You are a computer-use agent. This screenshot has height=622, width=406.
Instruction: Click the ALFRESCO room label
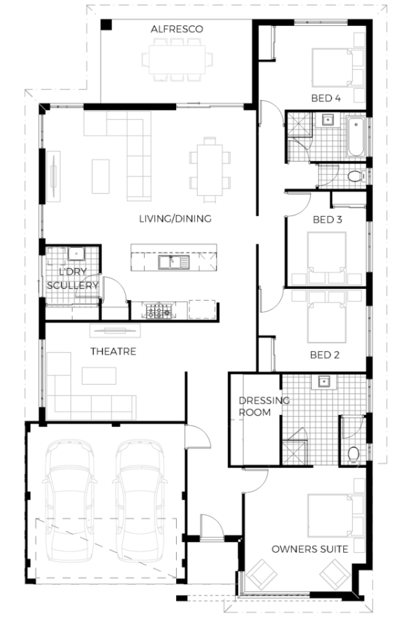pyautogui.click(x=177, y=29)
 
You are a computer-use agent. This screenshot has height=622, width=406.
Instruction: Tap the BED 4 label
pyautogui.click(x=326, y=98)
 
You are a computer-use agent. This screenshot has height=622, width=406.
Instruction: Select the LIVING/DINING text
pyautogui.click(x=175, y=218)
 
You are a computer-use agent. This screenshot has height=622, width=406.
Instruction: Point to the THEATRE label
pyautogui.click(x=113, y=351)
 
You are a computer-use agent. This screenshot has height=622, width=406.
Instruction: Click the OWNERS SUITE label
pyautogui.click(x=310, y=549)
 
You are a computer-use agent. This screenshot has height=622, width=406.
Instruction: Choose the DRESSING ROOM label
pyautogui.click(x=264, y=407)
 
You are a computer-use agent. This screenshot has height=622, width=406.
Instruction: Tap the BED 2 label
pyautogui.click(x=325, y=355)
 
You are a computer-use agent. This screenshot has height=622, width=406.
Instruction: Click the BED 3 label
pyautogui.click(x=327, y=220)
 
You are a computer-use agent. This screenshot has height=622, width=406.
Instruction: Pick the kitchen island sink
pyautogui.click(x=174, y=262)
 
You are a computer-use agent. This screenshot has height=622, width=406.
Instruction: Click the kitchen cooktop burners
pyautogui.click(x=159, y=311)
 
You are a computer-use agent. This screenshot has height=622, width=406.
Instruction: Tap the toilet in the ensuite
pyautogui.click(x=354, y=453)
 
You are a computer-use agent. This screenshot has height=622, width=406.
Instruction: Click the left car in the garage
pyautogui.click(x=70, y=500)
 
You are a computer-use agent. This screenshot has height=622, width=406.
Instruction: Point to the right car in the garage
pyautogui.click(x=140, y=500)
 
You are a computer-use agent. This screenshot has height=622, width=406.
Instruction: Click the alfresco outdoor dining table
pyautogui.click(x=177, y=59)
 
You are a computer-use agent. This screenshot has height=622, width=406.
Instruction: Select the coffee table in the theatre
pyautogui.click(x=99, y=376)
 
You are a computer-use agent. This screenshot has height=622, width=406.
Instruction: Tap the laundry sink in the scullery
pyautogui.click(x=75, y=253)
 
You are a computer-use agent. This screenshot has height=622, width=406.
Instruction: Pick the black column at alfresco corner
pyautogui.click(x=106, y=24)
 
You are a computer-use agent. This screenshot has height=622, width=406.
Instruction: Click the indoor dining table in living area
pyautogui.click(x=210, y=170)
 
